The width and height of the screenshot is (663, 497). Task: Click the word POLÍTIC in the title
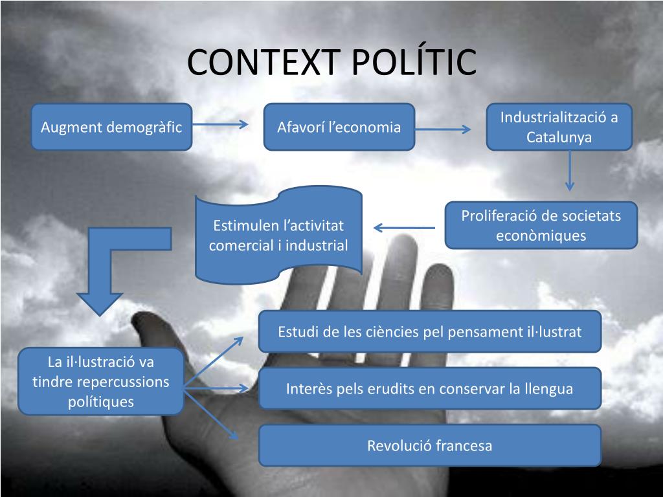coord(414,62)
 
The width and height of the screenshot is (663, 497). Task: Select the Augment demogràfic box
coord(111,127)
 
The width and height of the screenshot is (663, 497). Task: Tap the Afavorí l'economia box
coord(339,127)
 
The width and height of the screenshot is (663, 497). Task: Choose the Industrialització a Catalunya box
coord(559,127)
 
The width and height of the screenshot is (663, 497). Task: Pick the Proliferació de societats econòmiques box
coord(541,225)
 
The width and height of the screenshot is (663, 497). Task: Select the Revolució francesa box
coord(429,445)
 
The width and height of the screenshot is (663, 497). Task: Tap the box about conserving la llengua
coord(429,388)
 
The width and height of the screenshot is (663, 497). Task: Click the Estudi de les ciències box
coord(429,331)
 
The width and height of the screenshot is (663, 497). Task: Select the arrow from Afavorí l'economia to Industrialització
coord(444,129)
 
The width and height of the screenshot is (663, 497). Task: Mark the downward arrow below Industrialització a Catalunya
coord(569,171)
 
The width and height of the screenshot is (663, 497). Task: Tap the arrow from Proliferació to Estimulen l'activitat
coord(404,227)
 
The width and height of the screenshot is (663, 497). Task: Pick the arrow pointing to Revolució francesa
coord(217,417)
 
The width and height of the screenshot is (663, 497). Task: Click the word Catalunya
coord(559,137)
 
